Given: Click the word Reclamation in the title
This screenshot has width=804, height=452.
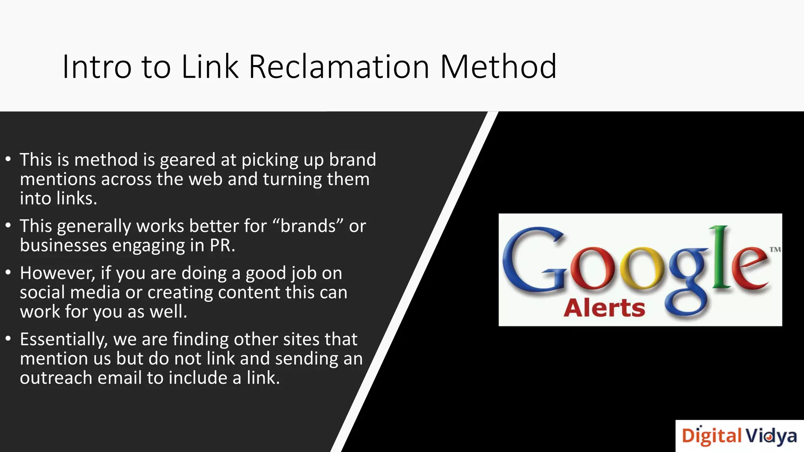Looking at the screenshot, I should [339, 67].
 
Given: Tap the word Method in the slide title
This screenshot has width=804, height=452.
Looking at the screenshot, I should [498, 67].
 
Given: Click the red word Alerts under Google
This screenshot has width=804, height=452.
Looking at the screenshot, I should [604, 308].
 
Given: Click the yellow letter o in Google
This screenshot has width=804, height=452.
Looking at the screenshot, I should [642, 271].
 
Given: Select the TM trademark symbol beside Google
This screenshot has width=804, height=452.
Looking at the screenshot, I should [775, 250].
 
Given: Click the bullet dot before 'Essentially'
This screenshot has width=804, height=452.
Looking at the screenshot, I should [8, 339].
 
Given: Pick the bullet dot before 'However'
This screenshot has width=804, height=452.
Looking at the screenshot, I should [8, 273].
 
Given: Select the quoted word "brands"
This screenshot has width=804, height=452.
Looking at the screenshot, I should [308, 226].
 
